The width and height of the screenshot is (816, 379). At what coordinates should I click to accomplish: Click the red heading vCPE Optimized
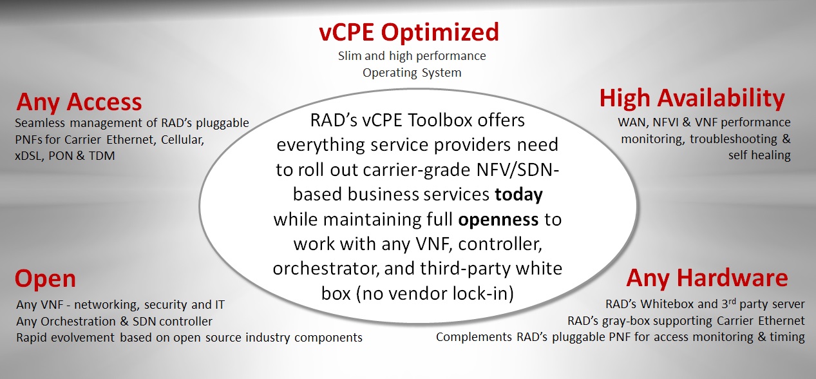(x=409, y=32)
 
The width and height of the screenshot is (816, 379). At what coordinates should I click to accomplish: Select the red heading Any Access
(x=79, y=102)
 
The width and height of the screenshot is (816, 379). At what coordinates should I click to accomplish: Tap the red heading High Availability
(x=692, y=99)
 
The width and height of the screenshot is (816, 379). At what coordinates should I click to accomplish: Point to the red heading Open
(x=45, y=279)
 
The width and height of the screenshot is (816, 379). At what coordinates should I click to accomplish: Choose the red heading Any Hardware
(x=707, y=278)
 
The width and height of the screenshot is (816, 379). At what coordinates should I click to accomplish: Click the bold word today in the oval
(x=518, y=195)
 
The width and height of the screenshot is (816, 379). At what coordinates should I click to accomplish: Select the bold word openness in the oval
(x=498, y=219)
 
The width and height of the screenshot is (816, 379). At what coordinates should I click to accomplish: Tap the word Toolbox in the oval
(x=440, y=121)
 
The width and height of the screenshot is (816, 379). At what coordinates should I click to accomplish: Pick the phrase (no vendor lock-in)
(x=435, y=294)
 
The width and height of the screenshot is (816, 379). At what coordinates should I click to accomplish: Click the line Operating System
(x=412, y=73)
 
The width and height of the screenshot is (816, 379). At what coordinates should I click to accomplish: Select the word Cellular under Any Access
(x=182, y=140)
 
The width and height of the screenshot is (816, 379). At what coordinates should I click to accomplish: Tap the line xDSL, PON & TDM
(x=65, y=156)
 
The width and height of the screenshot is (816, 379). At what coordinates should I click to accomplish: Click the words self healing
(x=759, y=155)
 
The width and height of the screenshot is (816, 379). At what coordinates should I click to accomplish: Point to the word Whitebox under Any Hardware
(x=670, y=304)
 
